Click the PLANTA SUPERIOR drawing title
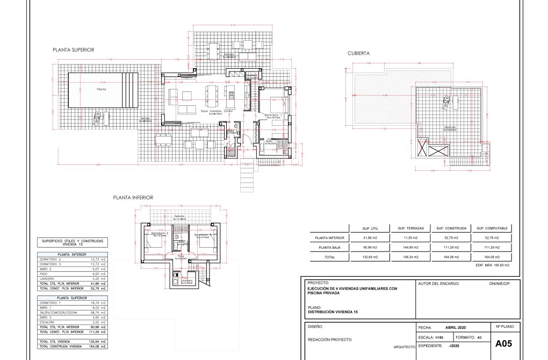[x=73, y=49]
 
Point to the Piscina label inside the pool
[x=101, y=89]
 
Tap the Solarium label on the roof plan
[x=449, y=128]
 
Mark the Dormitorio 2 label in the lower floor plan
[x=161, y=234]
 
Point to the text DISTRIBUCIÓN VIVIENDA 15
[x=333, y=312]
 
